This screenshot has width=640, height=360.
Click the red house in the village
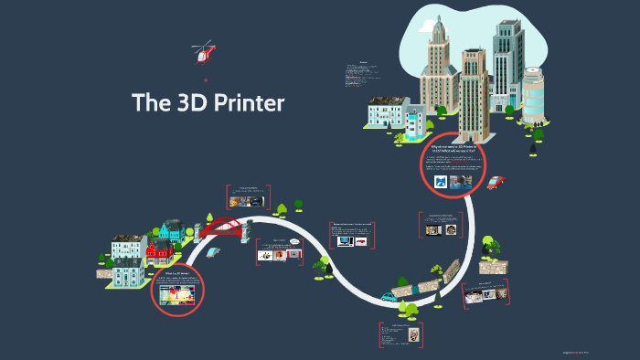(x=159, y=251)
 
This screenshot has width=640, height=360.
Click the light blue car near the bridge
(x=213, y=252)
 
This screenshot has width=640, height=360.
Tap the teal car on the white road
(x=389, y=297)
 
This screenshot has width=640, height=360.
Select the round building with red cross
(x=531, y=91)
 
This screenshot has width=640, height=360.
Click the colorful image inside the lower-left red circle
(x=176, y=295)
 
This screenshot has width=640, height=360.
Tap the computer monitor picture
(x=345, y=241)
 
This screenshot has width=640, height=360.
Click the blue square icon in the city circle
(x=442, y=182)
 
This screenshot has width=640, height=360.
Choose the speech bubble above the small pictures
(x=294, y=241)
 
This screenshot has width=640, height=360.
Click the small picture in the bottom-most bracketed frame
(x=411, y=334)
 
